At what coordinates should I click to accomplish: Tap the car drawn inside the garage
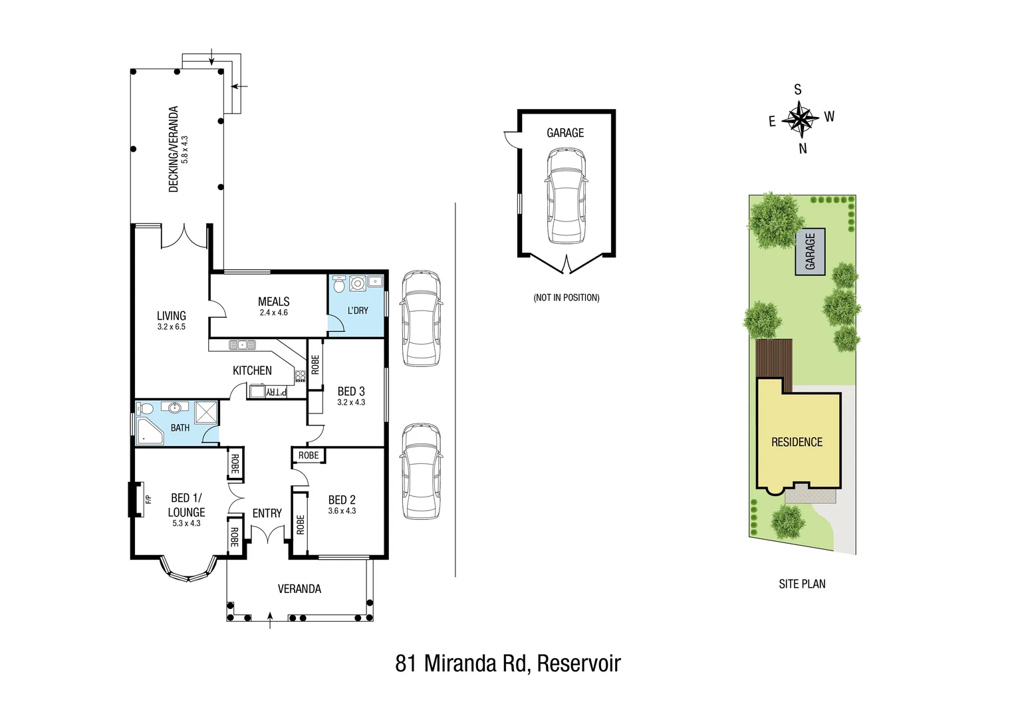(x=566, y=195)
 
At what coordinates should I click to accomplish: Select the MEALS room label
(x=273, y=301)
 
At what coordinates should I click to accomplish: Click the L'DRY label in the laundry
(x=358, y=310)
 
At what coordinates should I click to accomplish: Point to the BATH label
(x=180, y=427)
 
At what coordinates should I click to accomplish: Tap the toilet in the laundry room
(x=339, y=284)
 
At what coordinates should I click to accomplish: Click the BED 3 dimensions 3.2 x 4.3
(x=351, y=402)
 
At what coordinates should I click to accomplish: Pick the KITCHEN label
(x=252, y=370)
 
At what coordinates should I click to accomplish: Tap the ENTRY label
(x=267, y=513)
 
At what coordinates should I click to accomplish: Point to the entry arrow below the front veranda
(x=269, y=621)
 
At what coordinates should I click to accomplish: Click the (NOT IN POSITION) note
(x=566, y=297)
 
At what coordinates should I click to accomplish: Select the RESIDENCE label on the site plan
(x=797, y=442)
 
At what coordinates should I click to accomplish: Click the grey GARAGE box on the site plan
(x=810, y=251)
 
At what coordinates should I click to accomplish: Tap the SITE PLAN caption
(x=802, y=584)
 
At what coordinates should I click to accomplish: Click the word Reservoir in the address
(x=578, y=663)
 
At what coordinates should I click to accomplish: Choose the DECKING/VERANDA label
(x=174, y=149)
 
